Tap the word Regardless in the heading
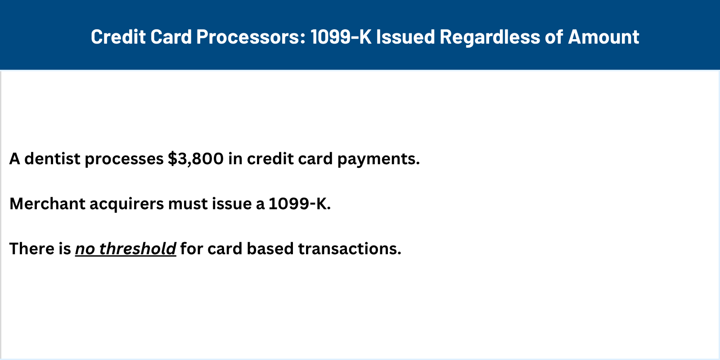(489, 37)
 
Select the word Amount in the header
(603, 37)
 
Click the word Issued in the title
(405, 37)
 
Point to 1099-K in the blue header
(341, 37)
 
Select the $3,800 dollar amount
(196, 159)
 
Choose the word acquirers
(127, 204)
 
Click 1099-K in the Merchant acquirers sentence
(299, 204)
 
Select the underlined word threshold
(138, 249)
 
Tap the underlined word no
(85, 249)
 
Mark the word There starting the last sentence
(28, 249)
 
